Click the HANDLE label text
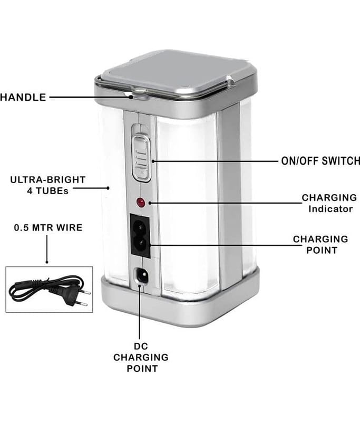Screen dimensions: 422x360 23,97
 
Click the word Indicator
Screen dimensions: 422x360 331,209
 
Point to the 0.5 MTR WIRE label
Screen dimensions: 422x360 48,228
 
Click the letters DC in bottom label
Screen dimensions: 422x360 141,346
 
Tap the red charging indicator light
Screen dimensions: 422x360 141,202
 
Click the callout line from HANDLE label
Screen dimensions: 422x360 90,97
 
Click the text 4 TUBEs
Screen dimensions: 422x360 47,191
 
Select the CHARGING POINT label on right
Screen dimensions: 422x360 320,244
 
